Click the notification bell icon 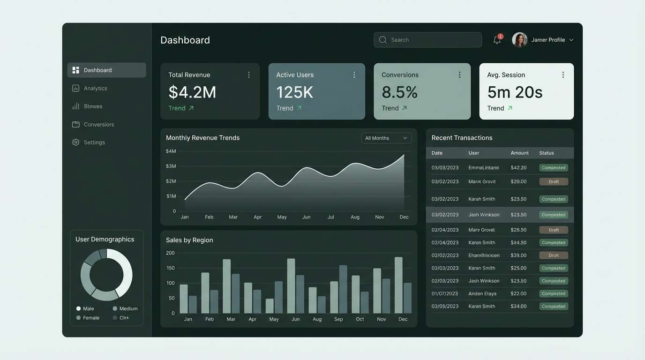497,40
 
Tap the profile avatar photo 519,40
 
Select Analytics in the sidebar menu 95,88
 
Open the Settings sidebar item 94,142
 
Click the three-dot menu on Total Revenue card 249,75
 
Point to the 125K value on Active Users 294,92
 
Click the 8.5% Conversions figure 399,92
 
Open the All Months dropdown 386,138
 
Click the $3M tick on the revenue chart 171,166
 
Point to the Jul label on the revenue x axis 330,217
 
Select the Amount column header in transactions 519,153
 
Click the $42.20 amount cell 518,168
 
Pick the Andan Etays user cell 482,294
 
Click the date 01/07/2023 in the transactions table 445,294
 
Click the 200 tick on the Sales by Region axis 170,253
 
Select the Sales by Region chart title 189,240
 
